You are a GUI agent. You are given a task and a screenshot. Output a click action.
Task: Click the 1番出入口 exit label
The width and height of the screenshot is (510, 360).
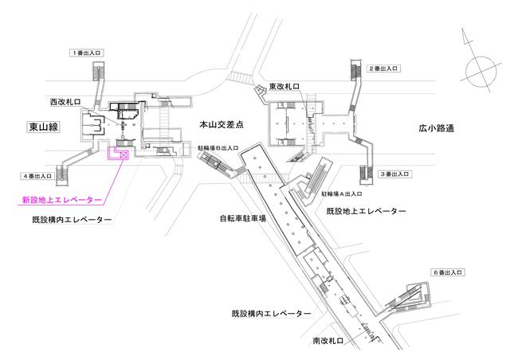tap(87, 53)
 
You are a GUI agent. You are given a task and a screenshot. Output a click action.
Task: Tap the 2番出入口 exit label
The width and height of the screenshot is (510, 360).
tap(383, 68)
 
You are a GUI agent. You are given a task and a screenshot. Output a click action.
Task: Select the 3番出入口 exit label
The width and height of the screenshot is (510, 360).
tap(395, 174)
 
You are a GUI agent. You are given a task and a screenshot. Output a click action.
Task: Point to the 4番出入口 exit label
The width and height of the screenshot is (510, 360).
tap(37, 176)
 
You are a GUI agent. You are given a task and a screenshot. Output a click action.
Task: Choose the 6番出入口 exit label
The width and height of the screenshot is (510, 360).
tap(447, 272)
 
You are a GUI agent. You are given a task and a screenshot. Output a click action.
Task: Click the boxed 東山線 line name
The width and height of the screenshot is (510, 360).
tap(44, 127)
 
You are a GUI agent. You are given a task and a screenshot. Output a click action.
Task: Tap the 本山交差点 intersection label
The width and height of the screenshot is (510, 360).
tap(222, 124)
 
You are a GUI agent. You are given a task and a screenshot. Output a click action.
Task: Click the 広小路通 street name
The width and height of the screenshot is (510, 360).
tap(436, 128)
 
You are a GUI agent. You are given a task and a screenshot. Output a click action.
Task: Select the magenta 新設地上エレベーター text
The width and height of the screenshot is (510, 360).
tap(62, 200)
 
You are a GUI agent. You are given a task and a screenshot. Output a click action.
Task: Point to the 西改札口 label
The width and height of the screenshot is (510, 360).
tap(65, 102)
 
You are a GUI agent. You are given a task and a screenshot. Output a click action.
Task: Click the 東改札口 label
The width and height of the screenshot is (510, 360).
tap(284, 87)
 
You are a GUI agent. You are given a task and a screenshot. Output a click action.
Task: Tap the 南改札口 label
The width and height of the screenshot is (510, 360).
tap(328, 341)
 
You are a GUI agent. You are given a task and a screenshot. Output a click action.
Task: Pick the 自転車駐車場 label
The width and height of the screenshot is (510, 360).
tap(243, 218)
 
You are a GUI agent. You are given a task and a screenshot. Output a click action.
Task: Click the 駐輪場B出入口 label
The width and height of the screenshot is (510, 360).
tap(218, 148)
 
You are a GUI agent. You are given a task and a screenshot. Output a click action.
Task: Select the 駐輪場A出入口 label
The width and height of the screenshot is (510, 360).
tap(342, 194)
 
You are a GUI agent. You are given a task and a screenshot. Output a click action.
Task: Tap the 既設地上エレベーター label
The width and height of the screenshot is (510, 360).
tap(367, 211)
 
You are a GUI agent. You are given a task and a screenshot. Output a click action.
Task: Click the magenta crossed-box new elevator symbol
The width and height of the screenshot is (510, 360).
tap(124, 155)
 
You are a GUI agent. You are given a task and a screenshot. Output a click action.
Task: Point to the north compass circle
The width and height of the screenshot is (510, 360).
tap(481, 72)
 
